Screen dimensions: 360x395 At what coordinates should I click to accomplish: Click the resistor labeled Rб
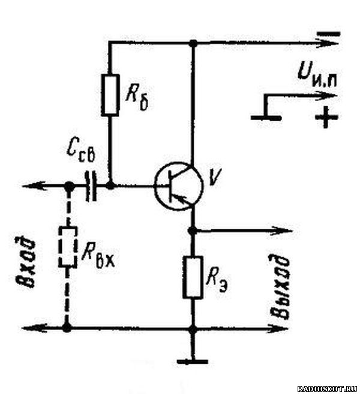[x=110, y=95]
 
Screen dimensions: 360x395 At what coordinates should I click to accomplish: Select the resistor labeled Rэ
[x=193, y=277]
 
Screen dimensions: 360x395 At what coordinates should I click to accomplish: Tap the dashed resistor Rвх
[x=67, y=247]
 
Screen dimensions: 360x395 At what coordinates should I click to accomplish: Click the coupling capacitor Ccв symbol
[x=91, y=186]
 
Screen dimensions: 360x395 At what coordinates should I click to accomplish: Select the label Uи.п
[x=317, y=73]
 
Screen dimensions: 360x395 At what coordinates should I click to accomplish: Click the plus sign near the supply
[x=326, y=117]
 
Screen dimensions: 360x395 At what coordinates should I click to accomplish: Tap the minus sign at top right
[x=328, y=34]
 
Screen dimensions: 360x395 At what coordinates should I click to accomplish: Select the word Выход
[x=280, y=287]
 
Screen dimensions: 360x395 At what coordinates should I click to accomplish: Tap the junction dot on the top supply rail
[x=193, y=44]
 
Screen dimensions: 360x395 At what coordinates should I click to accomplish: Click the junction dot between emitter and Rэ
[x=193, y=231]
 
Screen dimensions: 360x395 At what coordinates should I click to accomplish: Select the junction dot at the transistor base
[x=110, y=186]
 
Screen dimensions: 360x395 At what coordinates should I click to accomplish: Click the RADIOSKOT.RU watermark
[x=327, y=388]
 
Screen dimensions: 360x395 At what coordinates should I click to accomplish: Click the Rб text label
[x=137, y=98]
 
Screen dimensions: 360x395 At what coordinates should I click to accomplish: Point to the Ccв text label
[x=81, y=152]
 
